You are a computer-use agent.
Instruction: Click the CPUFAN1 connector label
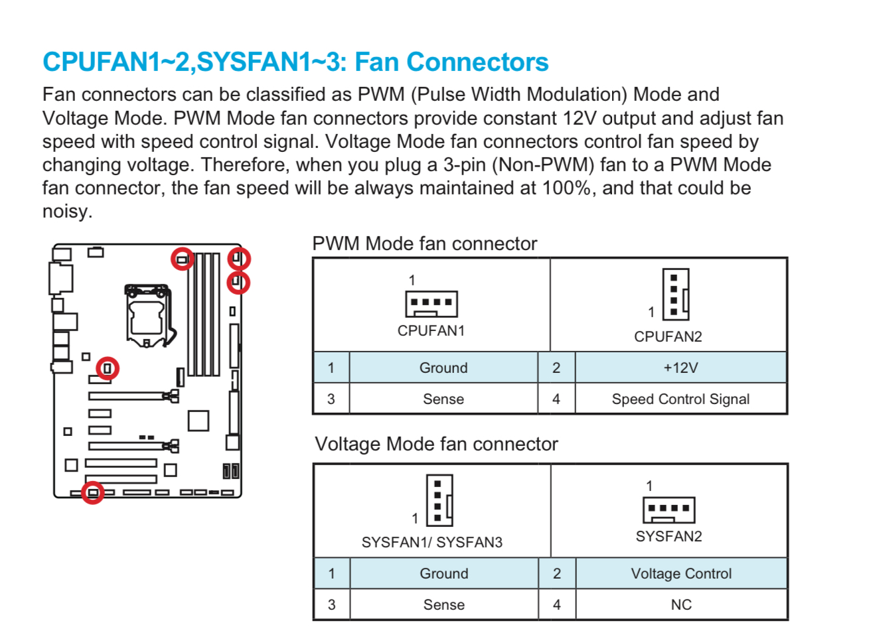[x=431, y=330]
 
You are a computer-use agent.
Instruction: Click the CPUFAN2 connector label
[x=668, y=336]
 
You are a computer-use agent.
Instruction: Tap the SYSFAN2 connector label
[x=669, y=536]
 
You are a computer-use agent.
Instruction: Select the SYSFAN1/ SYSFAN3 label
[x=432, y=542]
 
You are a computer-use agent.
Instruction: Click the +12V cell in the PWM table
[x=680, y=368]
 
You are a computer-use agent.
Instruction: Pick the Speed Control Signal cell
[x=680, y=399]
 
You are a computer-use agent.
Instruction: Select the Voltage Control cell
[x=681, y=573]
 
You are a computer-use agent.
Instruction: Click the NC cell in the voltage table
[x=681, y=605]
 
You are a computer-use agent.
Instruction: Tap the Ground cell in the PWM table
[x=443, y=368]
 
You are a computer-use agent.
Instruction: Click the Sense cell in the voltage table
[x=443, y=605]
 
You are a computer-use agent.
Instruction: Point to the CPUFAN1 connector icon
[x=432, y=304]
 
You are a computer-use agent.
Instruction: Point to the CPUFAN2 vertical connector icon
[x=676, y=295]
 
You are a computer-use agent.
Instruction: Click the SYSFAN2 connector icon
[x=669, y=510]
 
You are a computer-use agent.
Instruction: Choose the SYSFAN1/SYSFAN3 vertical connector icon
[x=439, y=500]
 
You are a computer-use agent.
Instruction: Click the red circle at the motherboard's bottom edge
[x=93, y=492]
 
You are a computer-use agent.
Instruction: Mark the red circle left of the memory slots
[x=182, y=258]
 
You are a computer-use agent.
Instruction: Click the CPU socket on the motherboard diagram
[x=147, y=315]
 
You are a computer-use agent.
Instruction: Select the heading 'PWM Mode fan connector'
[x=424, y=244]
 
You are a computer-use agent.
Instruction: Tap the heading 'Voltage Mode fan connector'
[x=436, y=444]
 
